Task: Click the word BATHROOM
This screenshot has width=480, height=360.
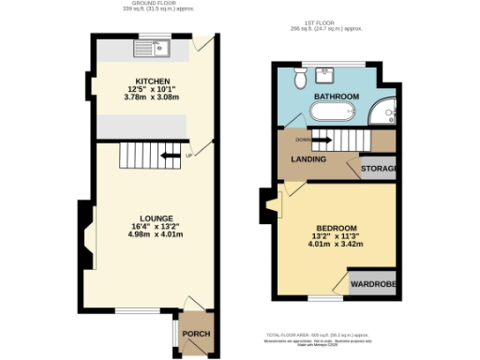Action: point(336,97)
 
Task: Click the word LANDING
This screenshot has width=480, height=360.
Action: point(308,159)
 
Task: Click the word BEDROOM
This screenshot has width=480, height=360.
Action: point(335,228)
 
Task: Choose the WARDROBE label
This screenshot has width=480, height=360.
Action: point(372,284)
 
